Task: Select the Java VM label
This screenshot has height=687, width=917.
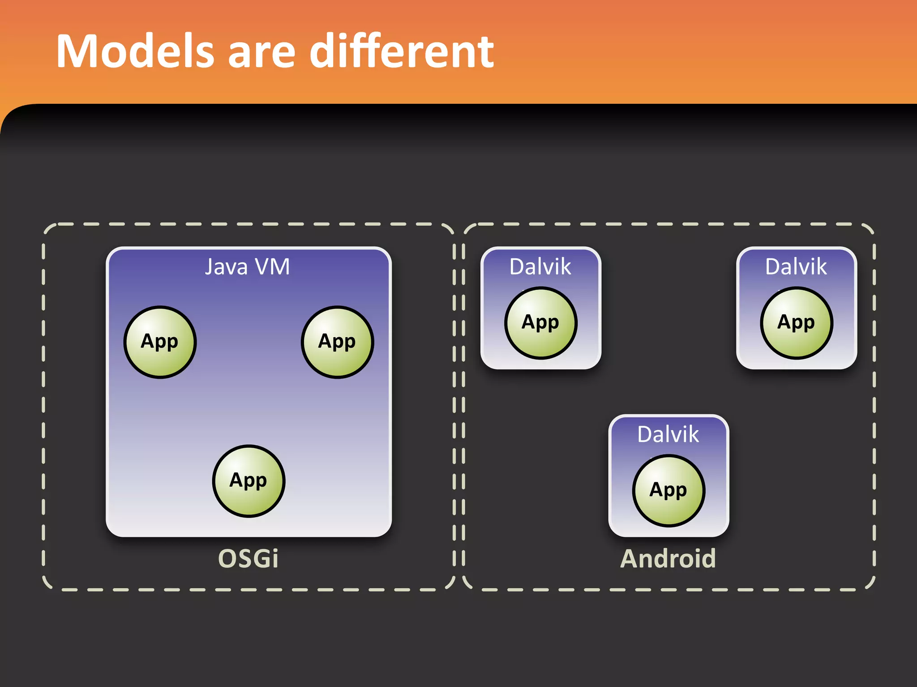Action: [x=248, y=267]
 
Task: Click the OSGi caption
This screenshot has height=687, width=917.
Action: [x=248, y=559]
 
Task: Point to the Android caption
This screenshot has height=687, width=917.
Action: [x=668, y=559]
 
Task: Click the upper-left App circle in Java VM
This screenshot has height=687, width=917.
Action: [x=160, y=342]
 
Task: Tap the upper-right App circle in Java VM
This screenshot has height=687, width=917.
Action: [x=337, y=342]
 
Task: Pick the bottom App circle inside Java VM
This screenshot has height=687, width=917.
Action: [x=249, y=481]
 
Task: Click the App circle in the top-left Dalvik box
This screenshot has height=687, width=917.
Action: [x=541, y=323]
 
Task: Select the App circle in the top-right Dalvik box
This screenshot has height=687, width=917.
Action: [x=797, y=323]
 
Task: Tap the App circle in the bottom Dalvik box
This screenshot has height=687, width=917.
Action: [x=668, y=491]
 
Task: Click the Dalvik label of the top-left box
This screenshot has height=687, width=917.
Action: [x=540, y=267]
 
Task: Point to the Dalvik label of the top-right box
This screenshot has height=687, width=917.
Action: [x=796, y=267]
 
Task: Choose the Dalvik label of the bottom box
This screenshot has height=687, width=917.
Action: [x=668, y=434]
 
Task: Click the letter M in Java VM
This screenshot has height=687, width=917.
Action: [x=279, y=267]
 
